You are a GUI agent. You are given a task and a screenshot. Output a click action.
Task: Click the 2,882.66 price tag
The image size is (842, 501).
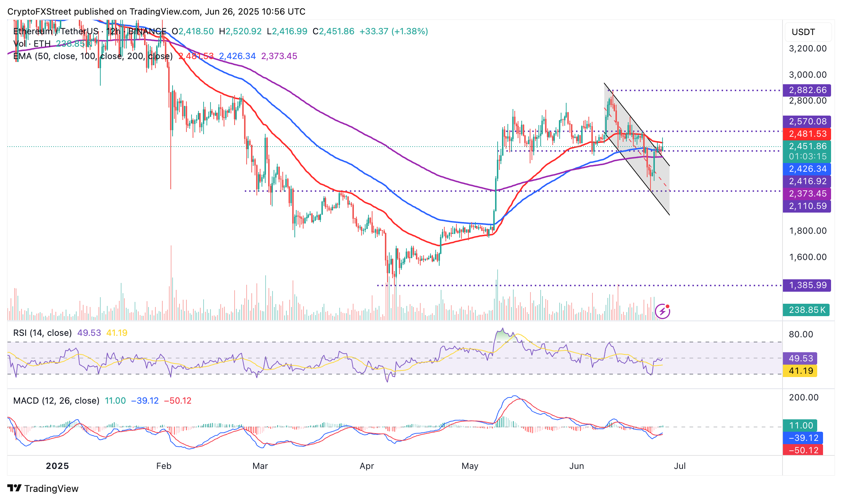pos(807,90)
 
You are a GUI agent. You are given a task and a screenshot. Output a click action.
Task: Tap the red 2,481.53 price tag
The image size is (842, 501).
pos(807,134)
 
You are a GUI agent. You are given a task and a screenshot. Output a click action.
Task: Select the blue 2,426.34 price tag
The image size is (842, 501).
pos(807,169)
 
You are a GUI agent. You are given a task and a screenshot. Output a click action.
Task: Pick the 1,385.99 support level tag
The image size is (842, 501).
pos(807,285)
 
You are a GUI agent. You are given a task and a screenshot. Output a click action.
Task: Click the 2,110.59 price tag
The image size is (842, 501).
pos(807,206)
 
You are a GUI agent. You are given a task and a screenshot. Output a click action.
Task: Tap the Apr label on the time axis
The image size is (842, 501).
pos(367,466)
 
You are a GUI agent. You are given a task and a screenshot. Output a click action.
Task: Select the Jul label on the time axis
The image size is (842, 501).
pos(680,466)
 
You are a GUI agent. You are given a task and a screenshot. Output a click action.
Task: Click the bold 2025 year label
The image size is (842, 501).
pos(57,466)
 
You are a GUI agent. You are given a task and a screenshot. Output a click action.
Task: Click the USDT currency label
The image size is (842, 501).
pos(803,32)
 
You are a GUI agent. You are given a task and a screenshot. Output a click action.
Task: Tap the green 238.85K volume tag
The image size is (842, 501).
pos(806,310)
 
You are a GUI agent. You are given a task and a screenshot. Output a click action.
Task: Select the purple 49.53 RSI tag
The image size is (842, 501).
pos(800,358)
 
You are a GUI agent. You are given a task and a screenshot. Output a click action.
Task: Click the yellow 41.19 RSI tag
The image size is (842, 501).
pos(800,371)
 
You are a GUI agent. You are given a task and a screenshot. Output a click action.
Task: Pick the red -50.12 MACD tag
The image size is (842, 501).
pos(803,450)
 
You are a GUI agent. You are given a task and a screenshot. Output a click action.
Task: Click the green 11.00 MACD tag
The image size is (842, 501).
pos(800,426)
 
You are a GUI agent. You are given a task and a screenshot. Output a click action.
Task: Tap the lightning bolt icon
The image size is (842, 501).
pos(663,311)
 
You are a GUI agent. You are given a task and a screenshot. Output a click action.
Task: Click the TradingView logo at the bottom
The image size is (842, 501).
pos(43,489)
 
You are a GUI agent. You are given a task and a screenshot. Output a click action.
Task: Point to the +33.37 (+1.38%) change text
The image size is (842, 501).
pos(394,31)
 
